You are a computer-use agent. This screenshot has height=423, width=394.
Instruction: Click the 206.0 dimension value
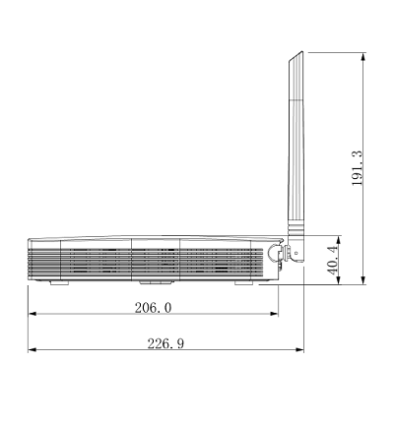pos(153,308)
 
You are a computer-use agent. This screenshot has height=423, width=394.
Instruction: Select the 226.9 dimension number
pos(165,343)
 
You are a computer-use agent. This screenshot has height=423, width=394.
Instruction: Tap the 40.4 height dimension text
pos(332,261)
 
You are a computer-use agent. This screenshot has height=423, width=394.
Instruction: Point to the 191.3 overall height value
pos(357,168)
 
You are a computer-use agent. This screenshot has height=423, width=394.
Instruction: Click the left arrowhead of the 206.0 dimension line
pos(33,314)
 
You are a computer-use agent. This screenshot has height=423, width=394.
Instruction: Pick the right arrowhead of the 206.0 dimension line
pos(274,314)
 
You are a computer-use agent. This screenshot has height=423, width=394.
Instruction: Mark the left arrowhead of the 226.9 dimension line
pos(33,350)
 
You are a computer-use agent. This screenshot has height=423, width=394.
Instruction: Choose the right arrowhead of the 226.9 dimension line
pos(299,350)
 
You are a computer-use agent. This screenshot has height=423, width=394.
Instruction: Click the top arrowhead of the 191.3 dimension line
pos(362,56)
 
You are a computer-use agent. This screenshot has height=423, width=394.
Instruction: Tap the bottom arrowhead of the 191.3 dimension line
pos(362,280)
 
